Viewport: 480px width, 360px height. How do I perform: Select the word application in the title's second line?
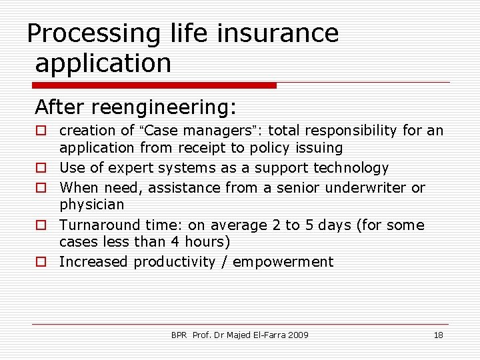[x=103, y=63]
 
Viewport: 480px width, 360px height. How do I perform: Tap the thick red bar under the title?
[x=155, y=85]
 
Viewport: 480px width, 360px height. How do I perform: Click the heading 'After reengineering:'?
[x=136, y=107]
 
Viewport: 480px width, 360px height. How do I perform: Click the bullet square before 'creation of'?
[x=41, y=131]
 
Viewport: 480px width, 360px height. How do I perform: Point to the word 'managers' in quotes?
[x=209, y=131]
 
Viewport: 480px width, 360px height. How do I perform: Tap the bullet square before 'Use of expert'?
[x=41, y=168]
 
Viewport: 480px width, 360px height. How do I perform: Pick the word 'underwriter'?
[x=367, y=188]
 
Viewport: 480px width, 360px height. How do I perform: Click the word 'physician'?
[x=92, y=205]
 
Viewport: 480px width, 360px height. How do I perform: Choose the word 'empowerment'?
[x=283, y=262]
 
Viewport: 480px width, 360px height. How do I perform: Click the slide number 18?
[x=438, y=335]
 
